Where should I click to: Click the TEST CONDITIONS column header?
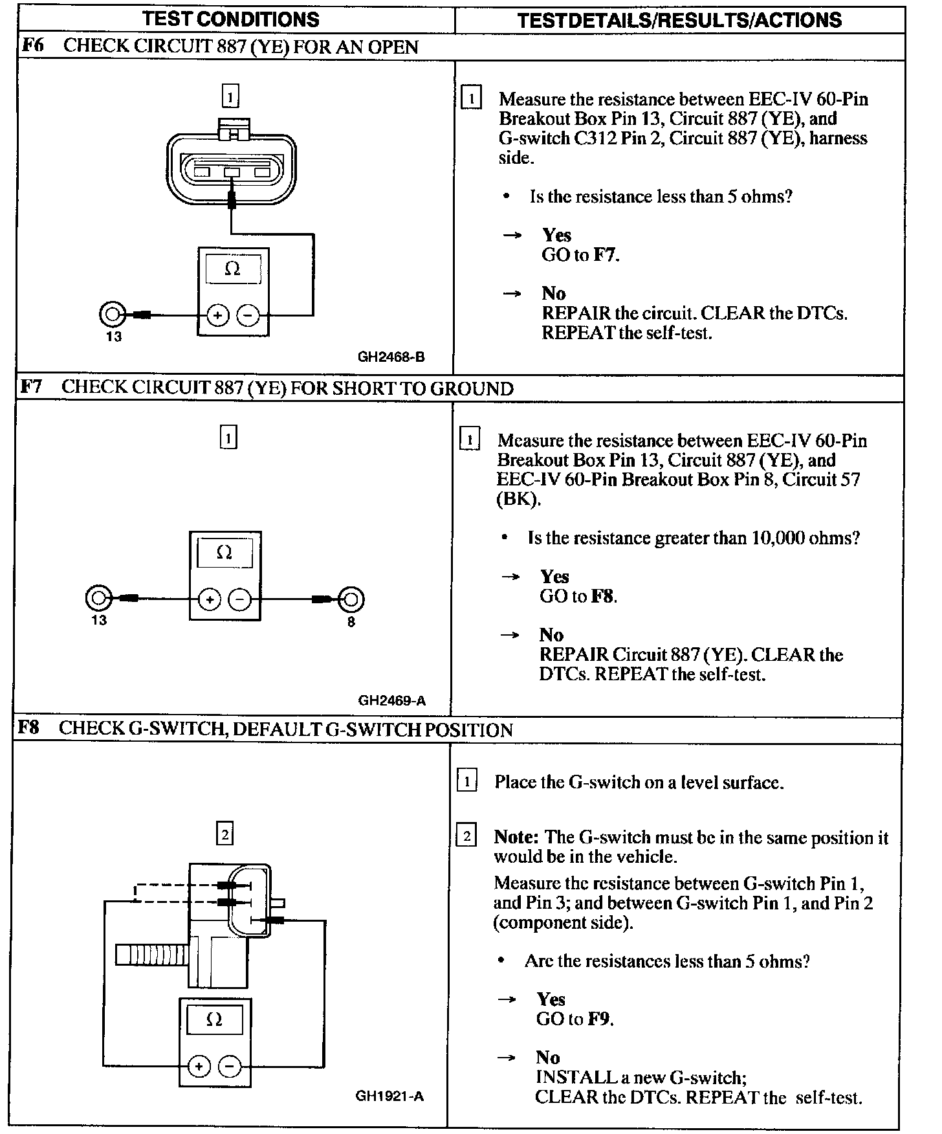231,19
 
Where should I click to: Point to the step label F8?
29,728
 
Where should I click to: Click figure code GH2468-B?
391,357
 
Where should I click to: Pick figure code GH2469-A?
391,700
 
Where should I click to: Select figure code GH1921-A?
389,1096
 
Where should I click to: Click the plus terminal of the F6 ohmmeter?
217,316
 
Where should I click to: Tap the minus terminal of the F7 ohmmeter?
240,600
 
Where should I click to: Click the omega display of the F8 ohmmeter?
214,1021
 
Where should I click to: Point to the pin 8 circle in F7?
351,599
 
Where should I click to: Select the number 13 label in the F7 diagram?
99,621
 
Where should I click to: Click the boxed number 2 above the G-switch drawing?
225,834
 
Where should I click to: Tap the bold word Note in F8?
516,837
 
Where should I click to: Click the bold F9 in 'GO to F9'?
600,1019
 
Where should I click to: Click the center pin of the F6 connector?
232,172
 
